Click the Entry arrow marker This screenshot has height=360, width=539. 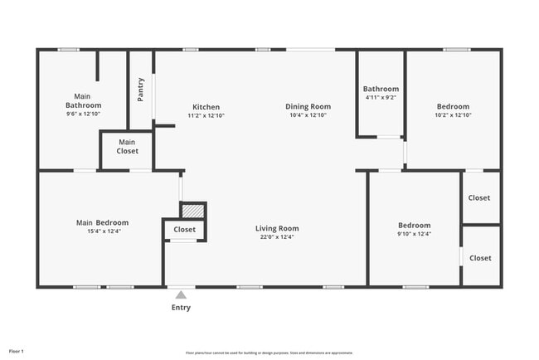181,294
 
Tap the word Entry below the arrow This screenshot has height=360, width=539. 181,308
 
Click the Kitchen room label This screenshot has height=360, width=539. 206,107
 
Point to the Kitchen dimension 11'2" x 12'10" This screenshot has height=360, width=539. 206,115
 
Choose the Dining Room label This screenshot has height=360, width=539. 308,106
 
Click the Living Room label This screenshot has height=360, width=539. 277,228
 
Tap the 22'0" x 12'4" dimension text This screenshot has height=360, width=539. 277,237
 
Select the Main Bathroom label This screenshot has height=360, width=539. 84,101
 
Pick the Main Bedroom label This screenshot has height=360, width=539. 102,222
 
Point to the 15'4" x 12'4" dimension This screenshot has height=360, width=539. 102,231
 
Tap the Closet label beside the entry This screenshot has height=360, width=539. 184,230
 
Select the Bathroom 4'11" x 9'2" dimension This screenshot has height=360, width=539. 381,98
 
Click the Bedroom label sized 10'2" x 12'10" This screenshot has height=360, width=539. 453,106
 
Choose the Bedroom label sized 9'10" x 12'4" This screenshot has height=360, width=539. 414,225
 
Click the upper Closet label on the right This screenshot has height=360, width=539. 479,198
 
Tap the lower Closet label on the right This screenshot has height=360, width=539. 480,258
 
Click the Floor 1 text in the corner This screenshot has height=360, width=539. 17,352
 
